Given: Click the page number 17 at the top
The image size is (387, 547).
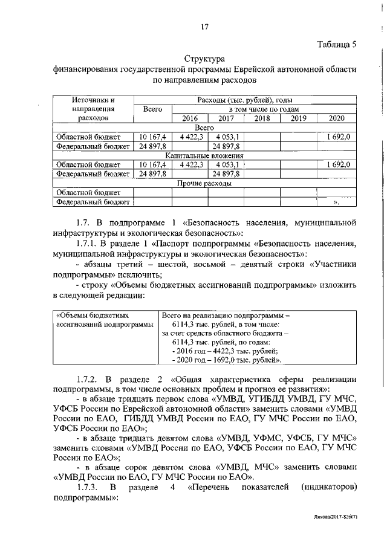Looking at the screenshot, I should [204, 25].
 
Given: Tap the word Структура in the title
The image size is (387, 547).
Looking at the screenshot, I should [204, 59].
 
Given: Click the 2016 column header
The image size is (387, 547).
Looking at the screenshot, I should [190, 118].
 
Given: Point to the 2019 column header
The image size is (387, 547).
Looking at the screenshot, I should [299, 118].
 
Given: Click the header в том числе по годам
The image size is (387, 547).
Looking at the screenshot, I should [259, 109].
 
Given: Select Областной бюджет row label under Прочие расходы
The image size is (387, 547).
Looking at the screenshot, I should [88, 192].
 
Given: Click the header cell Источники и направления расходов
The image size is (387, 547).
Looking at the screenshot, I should [92, 109].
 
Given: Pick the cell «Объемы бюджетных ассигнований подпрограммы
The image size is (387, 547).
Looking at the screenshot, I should [103, 320].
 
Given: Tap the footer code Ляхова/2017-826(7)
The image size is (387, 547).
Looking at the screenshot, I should [348, 535].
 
